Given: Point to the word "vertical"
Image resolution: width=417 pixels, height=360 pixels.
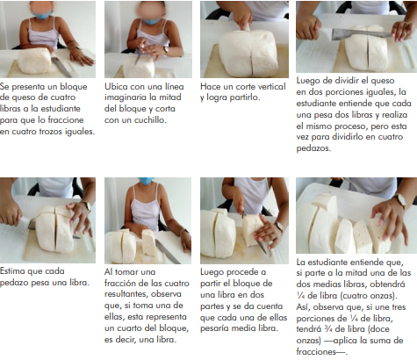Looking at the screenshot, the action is point(270,87).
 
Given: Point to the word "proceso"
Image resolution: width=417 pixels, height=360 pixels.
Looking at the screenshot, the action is point(350,126).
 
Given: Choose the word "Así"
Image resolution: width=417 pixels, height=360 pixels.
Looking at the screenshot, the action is point(303,307).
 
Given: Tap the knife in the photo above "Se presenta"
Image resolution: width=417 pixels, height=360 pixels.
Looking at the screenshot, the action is point(62,67).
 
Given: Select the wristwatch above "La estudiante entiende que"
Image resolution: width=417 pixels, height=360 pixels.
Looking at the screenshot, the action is point(400,201).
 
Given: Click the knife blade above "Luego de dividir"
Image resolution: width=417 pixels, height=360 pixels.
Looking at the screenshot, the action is point(361,34).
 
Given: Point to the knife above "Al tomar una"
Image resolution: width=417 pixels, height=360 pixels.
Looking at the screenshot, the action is point(168,252).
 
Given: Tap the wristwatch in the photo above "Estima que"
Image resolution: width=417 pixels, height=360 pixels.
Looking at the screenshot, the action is point(86,205).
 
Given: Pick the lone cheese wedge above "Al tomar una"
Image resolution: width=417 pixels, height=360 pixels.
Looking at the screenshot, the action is point(148,242).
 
